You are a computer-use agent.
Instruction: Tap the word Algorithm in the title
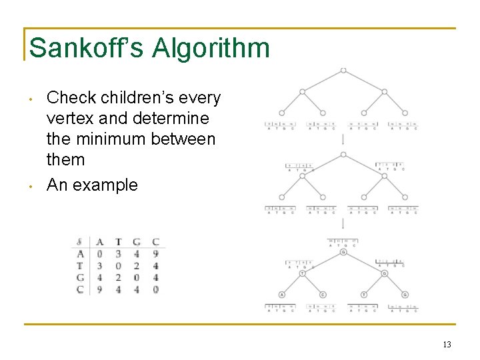coord(211,48)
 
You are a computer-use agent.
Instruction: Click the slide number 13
coord(447,345)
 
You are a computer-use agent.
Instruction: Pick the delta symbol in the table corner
coord(80,242)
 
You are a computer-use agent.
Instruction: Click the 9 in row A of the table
coord(155,254)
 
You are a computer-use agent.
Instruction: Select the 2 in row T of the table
coord(137,266)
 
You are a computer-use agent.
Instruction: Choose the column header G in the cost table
coord(137,242)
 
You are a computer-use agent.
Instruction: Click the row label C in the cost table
coord(80,290)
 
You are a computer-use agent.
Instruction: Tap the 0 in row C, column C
coord(155,290)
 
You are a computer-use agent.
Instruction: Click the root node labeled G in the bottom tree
coord(343,252)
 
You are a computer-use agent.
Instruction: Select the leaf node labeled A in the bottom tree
coord(282,295)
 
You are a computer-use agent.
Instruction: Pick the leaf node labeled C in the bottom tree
coord(323,295)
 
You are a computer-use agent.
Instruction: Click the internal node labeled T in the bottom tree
coord(302,273)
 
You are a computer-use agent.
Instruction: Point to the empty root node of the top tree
coord(343,70)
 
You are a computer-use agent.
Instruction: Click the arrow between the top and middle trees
coord(343,140)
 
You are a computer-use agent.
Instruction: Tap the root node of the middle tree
coord(343,155)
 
